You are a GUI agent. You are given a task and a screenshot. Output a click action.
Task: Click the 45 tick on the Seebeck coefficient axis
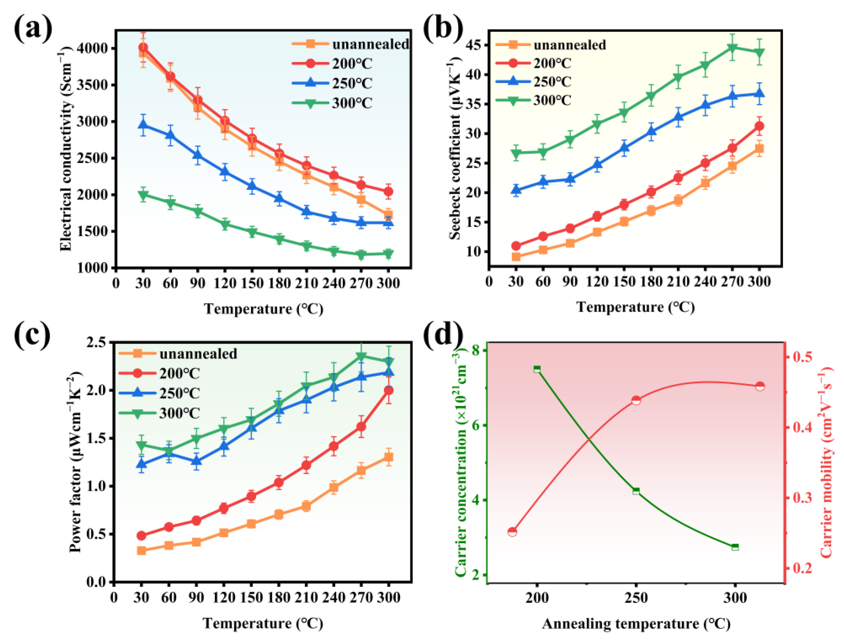(473, 45)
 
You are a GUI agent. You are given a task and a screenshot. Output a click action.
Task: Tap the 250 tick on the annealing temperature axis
(636, 597)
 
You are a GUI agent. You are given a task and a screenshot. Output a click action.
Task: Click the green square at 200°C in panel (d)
(537, 369)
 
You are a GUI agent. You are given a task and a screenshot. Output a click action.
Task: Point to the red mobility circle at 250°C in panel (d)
(636, 400)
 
